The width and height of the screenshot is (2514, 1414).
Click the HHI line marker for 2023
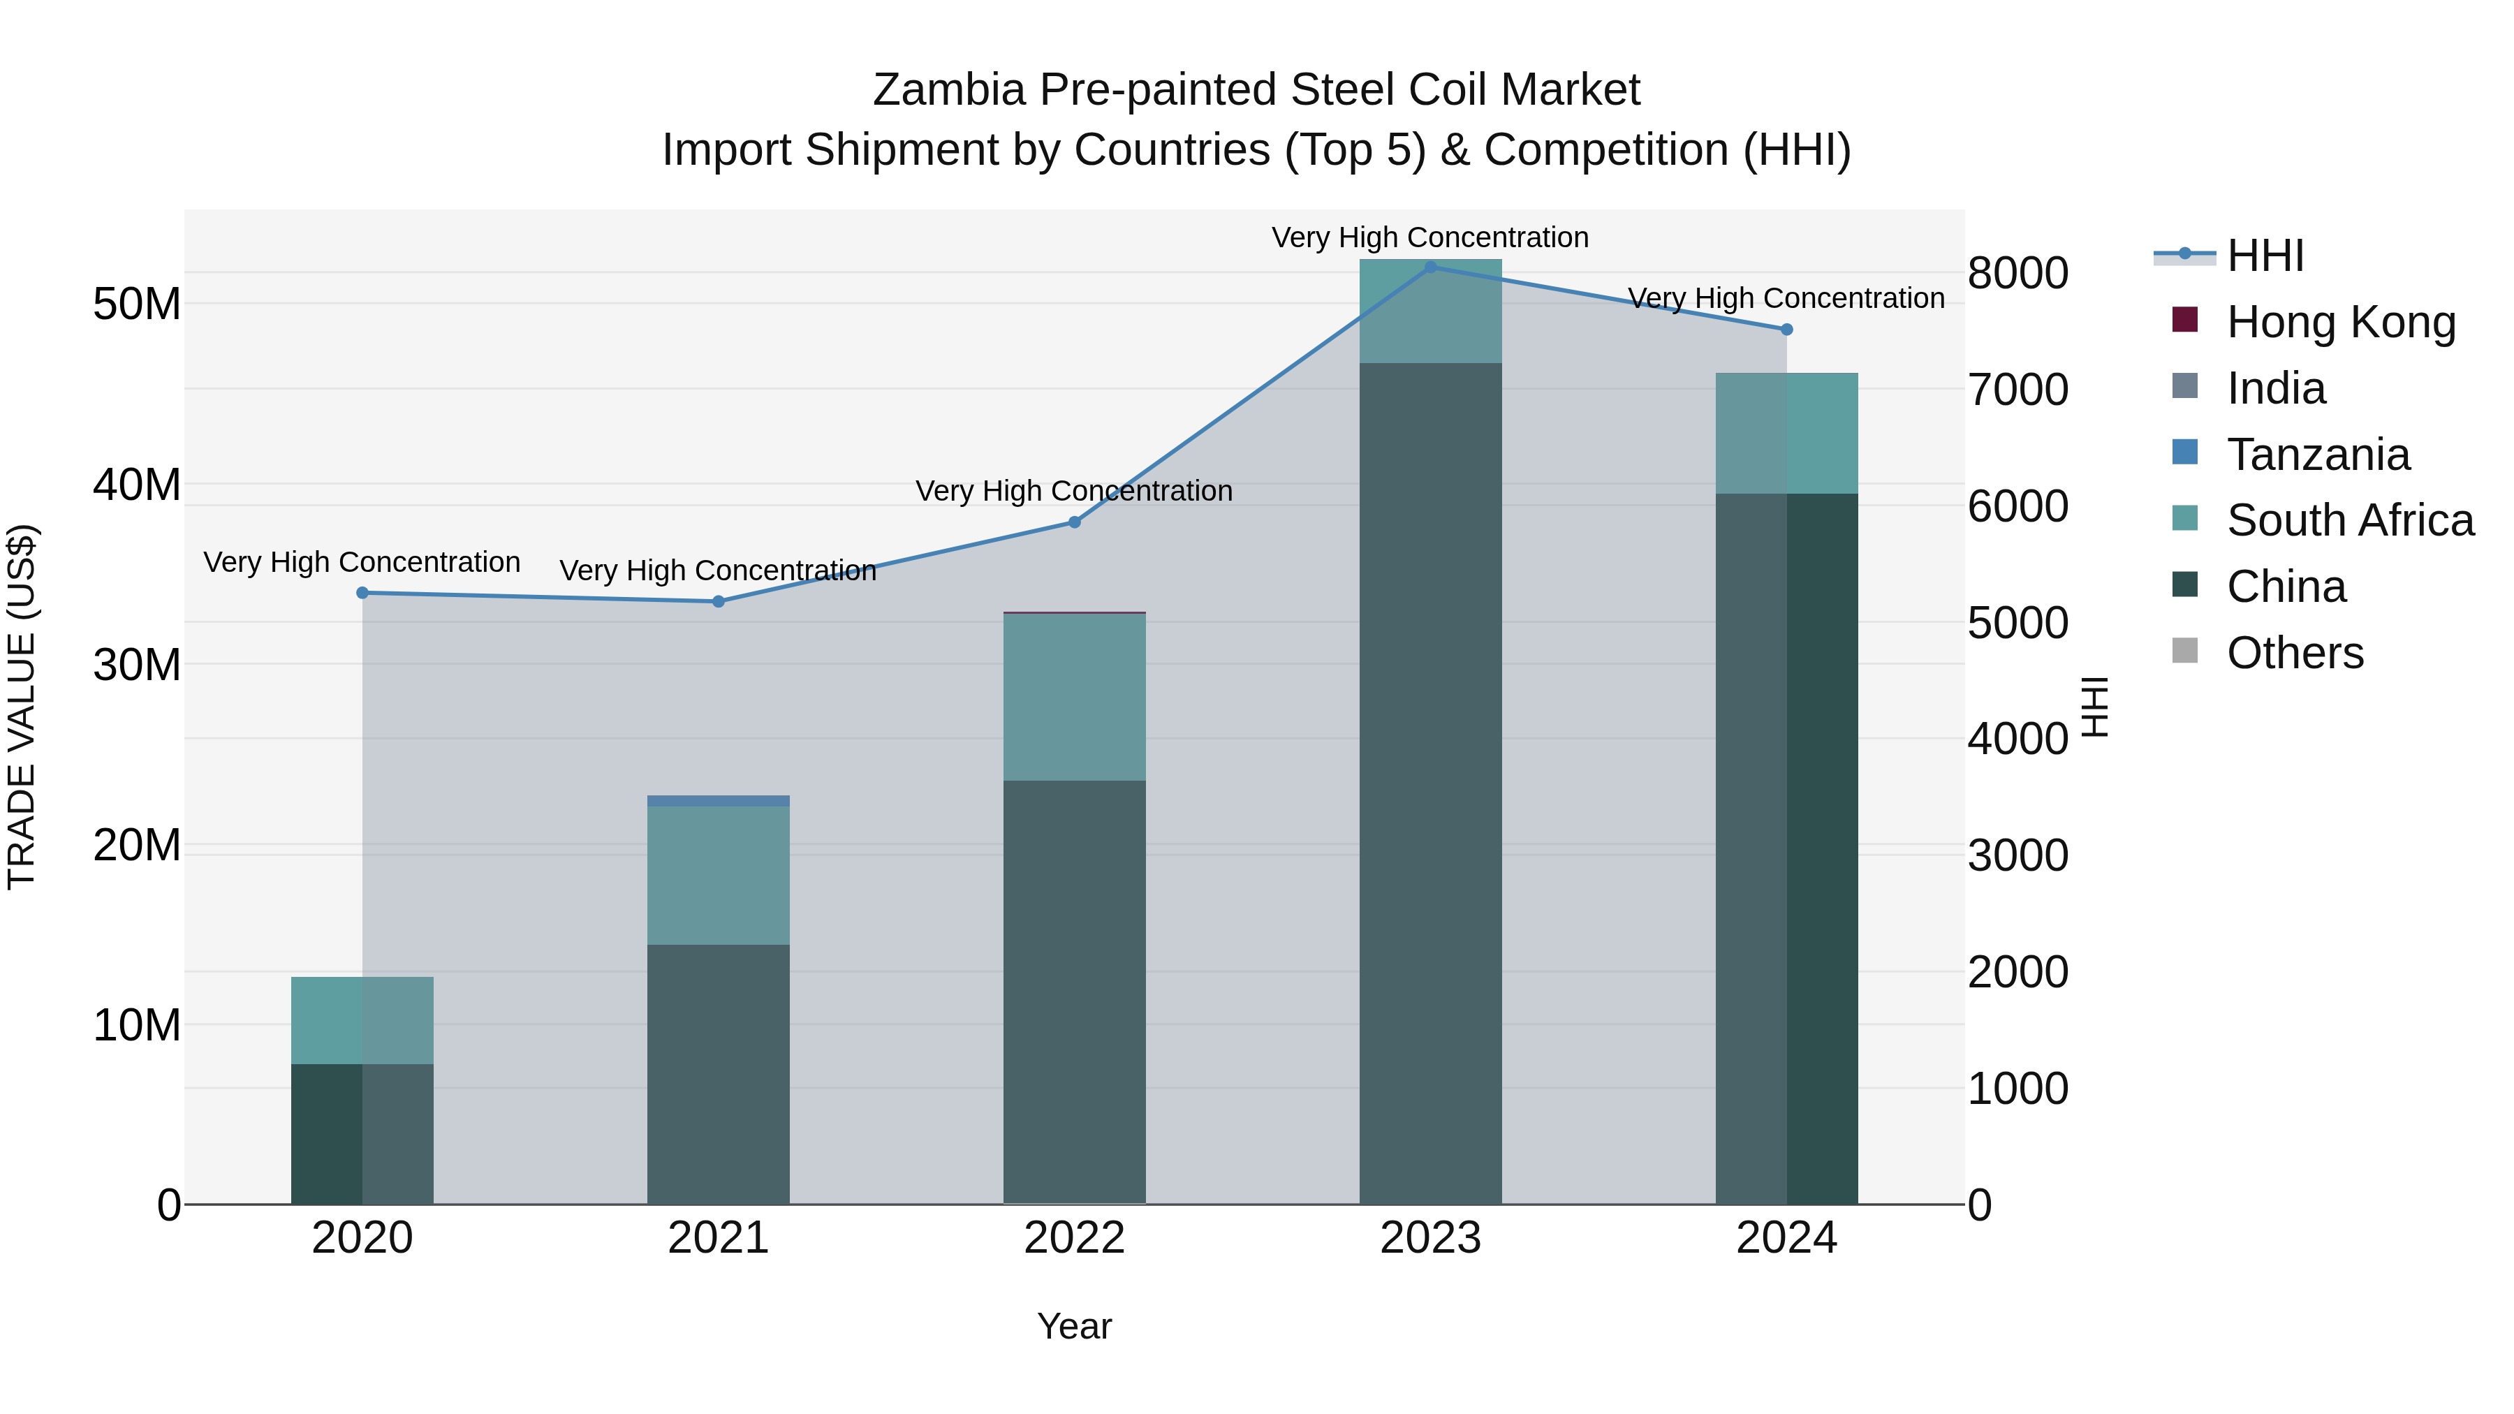tap(1429, 267)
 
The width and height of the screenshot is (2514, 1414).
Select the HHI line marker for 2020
tap(362, 592)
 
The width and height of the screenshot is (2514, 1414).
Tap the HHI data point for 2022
tap(1075, 522)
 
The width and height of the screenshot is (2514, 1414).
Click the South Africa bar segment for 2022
tap(1075, 697)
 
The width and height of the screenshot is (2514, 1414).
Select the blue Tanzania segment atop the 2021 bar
tap(719, 800)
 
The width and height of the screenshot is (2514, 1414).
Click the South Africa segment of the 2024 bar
tap(1787, 433)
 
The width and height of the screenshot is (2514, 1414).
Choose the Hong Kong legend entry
tap(2340, 322)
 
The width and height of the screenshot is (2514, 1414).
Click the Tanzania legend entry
tap(2318, 455)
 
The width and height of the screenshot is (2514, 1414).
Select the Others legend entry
tap(2295, 653)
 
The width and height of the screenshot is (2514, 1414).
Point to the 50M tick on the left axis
tap(137, 304)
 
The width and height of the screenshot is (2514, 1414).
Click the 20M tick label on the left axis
tap(137, 845)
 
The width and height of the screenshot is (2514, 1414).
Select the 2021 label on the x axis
tap(719, 1238)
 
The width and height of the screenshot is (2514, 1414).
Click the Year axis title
tap(1075, 1326)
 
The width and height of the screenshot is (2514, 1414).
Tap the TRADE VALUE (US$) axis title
tap(22, 707)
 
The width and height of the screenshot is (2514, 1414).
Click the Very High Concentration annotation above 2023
tap(1429, 237)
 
